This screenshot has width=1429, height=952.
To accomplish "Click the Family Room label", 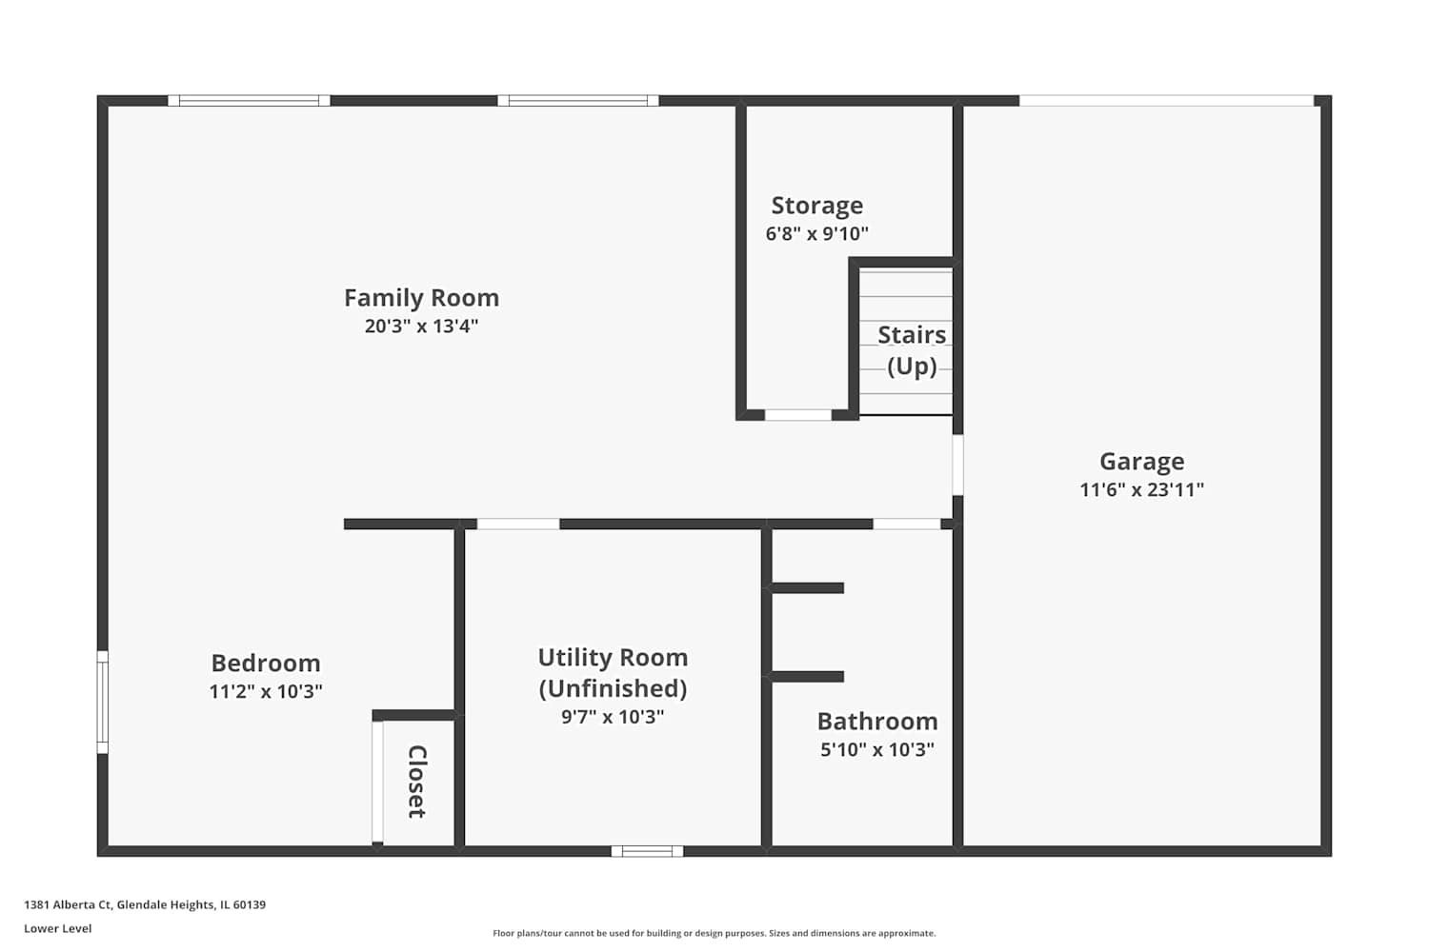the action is [421, 298].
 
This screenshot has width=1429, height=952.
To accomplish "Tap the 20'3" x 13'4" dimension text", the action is [421, 326].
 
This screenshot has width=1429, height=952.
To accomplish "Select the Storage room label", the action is [816, 206].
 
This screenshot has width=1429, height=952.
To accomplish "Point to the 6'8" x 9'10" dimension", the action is [816, 233].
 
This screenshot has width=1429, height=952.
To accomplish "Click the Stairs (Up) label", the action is [912, 350].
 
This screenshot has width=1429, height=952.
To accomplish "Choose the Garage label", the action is [1141, 462].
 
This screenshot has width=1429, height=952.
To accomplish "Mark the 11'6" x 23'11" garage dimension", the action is [1141, 489].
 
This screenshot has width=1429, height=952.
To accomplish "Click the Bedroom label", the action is [266, 664].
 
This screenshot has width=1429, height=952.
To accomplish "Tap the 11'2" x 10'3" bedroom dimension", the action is [266, 691].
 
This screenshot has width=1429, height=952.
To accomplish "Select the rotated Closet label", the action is [416, 781].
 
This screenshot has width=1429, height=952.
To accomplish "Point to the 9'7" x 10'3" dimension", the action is [613, 717].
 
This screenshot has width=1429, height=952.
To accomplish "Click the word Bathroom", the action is [877, 722].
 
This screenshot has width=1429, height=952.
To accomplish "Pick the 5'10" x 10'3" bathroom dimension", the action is [877, 749].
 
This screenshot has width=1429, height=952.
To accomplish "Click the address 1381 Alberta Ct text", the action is [68, 904].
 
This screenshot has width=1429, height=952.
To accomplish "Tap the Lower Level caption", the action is [57, 928].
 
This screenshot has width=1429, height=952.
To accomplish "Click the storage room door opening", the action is [798, 415].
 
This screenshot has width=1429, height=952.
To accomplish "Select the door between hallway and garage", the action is [957, 465].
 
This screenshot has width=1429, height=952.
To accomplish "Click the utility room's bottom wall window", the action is [647, 851].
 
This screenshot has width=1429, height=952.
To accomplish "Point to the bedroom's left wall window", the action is [102, 702].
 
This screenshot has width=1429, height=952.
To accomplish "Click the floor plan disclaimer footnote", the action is [714, 933].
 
